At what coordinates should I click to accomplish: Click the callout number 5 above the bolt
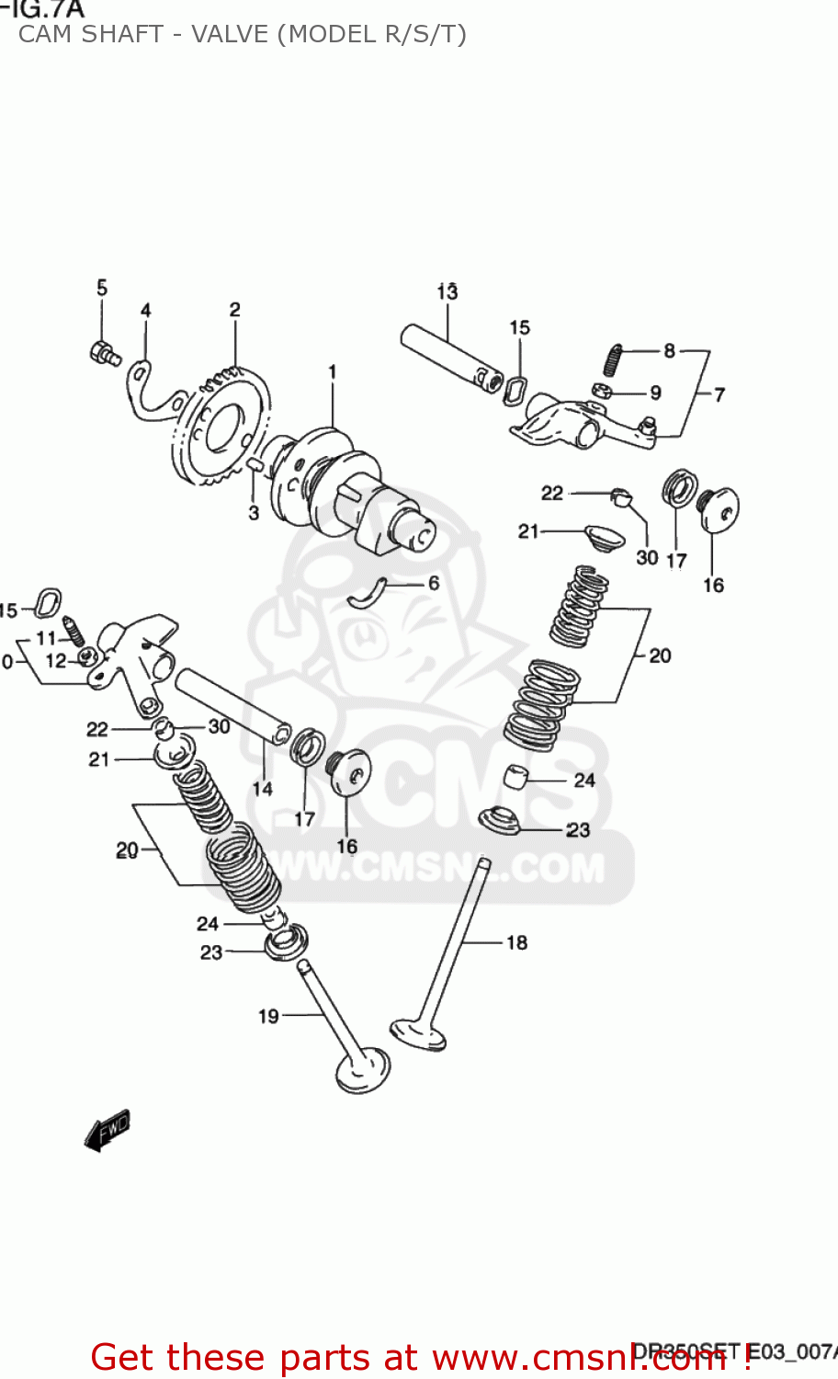click(102, 288)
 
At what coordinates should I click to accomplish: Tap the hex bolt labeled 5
click(103, 353)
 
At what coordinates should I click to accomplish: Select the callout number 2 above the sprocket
click(235, 310)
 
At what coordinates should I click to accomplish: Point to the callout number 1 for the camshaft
click(332, 371)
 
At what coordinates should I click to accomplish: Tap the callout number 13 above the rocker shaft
click(447, 291)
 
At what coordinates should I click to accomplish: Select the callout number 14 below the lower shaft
click(263, 788)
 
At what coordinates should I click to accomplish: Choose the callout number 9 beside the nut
click(655, 393)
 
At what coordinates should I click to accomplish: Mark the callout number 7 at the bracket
click(719, 394)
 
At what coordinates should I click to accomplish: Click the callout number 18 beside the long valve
click(517, 942)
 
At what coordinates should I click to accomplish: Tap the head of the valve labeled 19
click(362, 1072)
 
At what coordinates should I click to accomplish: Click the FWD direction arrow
click(107, 1130)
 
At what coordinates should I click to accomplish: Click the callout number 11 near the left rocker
click(46, 638)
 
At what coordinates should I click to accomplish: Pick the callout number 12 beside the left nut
click(56, 660)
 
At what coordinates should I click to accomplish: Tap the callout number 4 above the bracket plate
click(146, 311)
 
